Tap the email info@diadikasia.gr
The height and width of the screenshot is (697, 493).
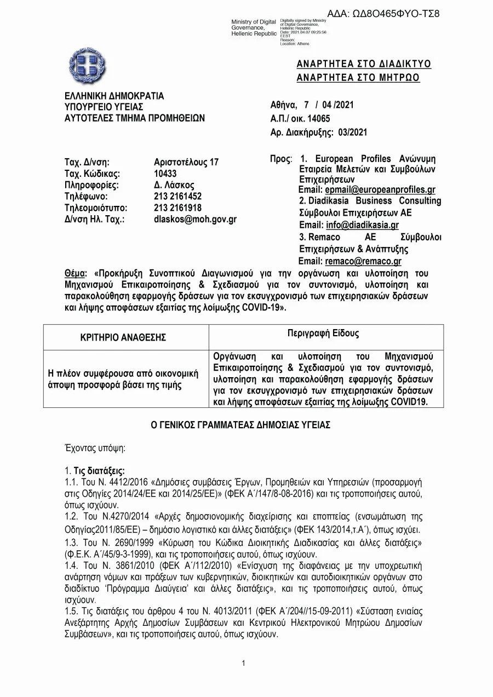pyautogui.click(x=362, y=225)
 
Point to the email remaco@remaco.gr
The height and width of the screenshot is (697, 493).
pyautogui.click(x=363, y=261)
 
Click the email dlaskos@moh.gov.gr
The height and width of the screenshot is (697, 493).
pyautogui.click(x=195, y=220)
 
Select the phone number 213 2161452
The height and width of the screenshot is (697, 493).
pyautogui.click(x=177, y=197)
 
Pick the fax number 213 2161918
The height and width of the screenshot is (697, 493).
pyautogui.click(x=177, y=208)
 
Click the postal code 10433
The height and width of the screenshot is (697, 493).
pyautogui.click(x=165, y=174)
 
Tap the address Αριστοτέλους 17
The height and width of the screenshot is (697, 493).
pyautogui.click(x=186, y=162)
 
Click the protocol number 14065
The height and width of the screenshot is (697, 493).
pyautogui.click(x=319, y=118)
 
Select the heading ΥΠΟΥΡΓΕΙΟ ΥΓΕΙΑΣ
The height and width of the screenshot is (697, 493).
pyautogui.click(x=104, y=107)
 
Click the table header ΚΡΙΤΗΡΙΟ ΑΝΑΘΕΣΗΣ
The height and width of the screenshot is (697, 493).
pyautogui.click(x=123, y=337)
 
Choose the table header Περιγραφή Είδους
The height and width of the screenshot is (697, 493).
pyautogui.click(x=323, y=333)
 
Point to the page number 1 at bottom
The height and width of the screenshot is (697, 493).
pyautogui.click(x=243, y=664)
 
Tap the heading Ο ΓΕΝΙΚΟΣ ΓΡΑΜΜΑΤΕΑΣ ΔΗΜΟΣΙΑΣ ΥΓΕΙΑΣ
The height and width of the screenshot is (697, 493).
pyautogui.click(x=240, y=425)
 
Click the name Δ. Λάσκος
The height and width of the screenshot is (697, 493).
pyautogui.click(x=174, y=185)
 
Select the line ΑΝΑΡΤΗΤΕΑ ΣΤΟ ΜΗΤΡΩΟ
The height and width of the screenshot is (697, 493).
pyautogui.click(x=358, y=78)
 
